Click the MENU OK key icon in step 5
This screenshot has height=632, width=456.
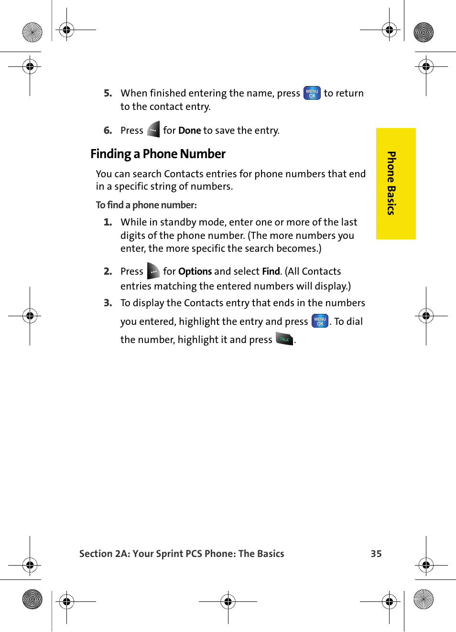pyautogui.click(x=312, y=93)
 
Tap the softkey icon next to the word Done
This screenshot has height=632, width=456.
pyautogui.click(x=153, y=130)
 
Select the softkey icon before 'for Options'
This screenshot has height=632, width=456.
pyautogui.click(x=153, y=271)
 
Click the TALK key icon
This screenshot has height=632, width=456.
pyautogui.click(x=284, y=339)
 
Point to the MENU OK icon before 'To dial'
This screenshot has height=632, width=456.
pyautogui.click(x=320, y=321)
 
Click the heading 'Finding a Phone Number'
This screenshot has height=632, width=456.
pyautogui.click(x=158, y=154)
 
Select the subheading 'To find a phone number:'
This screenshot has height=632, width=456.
pyautogui.click(x=146, y=205)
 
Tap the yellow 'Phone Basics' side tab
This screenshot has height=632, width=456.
pyautogui.click(x=395, y=183)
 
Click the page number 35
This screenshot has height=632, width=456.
pyautogui.click(x=376, y=554)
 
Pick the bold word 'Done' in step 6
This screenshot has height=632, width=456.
pyautogui.click(x=189, y=130)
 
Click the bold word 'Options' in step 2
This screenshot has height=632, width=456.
pyautogui.click(x=195, y=271)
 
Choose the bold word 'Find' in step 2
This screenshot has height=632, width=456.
pyautogui.click(x=271, y=271)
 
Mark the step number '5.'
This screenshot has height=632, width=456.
pyautogui.click(x=108, y=93)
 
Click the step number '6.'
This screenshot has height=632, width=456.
pyautogui.click(x=108, y=130)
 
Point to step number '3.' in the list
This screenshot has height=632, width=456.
pyautogui.click(x=108, y=303)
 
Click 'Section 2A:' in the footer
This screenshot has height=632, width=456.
pyautogui.click(x=104, y=554)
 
